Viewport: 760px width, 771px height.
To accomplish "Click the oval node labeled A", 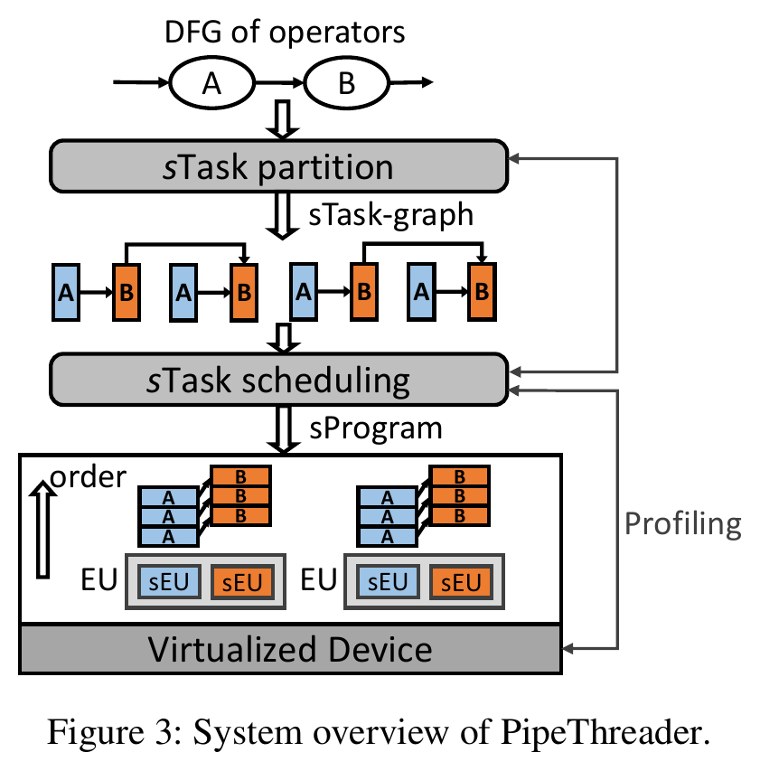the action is pos(211,82).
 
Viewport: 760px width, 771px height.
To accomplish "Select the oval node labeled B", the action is pos(347,82).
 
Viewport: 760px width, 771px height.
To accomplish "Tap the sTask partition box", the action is pos(278,166).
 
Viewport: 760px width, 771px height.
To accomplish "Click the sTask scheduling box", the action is pos(278,380).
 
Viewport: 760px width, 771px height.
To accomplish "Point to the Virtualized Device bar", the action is pos(290,649).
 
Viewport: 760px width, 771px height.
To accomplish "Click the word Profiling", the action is pos(683,524).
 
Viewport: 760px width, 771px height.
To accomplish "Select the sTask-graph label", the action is pos(390,214).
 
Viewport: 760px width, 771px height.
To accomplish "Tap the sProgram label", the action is pos(376,428).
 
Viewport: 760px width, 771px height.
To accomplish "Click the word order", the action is pos(88,476).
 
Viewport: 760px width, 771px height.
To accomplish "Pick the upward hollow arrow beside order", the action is pos(42,529).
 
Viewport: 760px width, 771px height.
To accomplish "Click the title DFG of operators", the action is pos(285,33).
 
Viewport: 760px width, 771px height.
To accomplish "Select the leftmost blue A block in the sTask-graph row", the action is pos(66,293).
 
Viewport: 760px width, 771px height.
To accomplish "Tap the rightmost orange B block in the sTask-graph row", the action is pos(482,292).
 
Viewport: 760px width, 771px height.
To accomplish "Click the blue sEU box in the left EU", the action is pos(169,582).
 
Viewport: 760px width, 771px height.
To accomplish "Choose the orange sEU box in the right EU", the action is pos(461,582).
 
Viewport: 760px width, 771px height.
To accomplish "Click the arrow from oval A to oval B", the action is pos(280,82).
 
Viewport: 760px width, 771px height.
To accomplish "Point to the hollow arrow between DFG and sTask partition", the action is pos(282,119).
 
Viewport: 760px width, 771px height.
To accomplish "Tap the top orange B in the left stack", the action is pos(241,476).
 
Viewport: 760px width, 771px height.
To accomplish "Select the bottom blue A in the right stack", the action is pos(388,537).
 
